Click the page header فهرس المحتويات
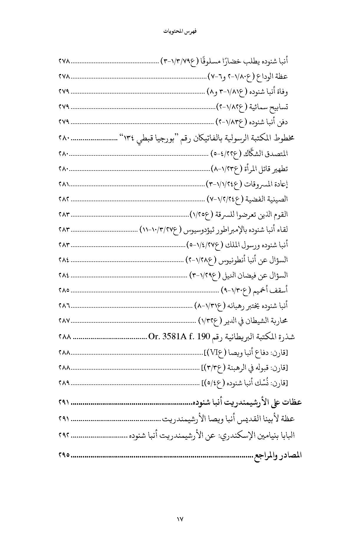coord(180,32)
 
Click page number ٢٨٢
coord(64,199)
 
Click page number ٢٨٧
coord(64,321)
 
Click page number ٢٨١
coord(64,184)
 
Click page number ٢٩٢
coord(64,436)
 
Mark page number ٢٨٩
coord(64,383)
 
